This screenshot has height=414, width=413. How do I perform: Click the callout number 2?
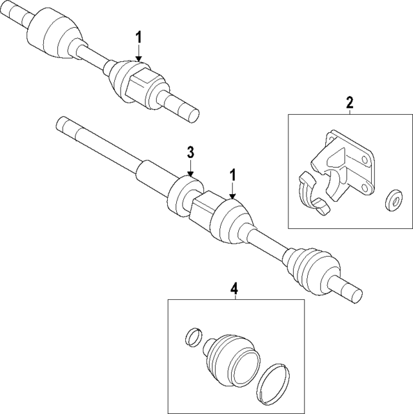350,102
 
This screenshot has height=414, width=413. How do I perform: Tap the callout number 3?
190,152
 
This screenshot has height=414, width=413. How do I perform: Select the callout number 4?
235,289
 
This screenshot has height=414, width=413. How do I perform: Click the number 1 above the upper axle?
139,37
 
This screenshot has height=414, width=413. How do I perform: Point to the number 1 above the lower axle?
233,174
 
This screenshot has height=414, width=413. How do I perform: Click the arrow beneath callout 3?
190,169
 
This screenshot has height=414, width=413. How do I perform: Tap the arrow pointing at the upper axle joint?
139,54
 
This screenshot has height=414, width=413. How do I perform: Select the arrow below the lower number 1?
233,191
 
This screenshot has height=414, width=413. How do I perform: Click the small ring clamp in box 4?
192,337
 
